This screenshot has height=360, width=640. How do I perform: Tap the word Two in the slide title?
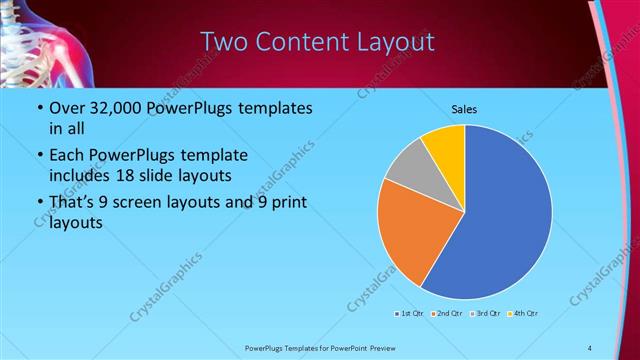click(223, 42)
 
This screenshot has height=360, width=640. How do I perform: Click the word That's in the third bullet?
click(74, 203)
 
